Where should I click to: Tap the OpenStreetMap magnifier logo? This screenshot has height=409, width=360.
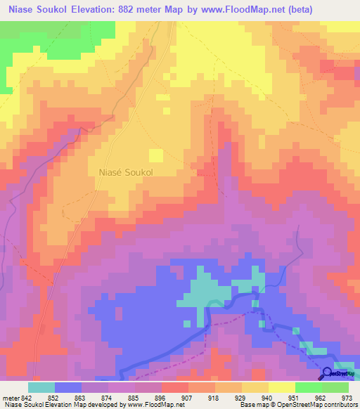tap(327, 373)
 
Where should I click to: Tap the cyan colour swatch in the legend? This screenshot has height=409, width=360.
tap(41, 387)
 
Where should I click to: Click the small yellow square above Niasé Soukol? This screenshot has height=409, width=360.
tap(155, 155)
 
